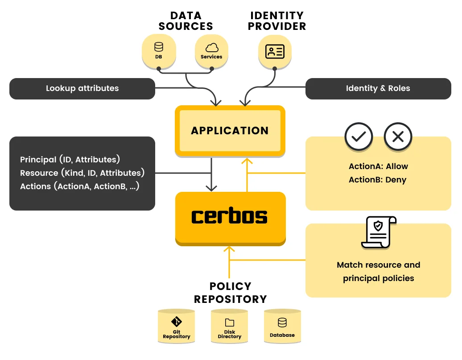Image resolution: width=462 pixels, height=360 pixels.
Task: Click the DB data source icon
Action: click(x=158, y=50)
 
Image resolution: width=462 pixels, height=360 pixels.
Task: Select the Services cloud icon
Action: click(x=211, y=50)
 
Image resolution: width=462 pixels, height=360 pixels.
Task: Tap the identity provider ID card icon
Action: click(x=275, y=51)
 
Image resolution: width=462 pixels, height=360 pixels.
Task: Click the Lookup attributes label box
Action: click(x=82, y=88)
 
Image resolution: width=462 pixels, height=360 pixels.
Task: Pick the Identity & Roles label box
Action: click(x=378, y=88)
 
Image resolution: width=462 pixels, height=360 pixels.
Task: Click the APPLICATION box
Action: click(x=230, y=131)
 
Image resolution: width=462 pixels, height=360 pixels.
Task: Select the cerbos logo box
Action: click(x=230, y=217)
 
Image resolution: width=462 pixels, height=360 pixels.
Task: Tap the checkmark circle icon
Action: click(x=359, y=137)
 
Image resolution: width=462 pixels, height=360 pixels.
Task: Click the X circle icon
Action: click(x=398, y=137)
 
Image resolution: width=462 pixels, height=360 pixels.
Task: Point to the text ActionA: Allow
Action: click(x=378, y=166)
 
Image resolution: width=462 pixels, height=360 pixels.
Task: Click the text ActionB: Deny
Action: click(x=378, y=180)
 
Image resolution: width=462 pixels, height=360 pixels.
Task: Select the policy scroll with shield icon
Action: click(x=378, y=232)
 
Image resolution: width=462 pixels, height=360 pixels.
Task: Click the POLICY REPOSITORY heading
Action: click(x=230, y=293)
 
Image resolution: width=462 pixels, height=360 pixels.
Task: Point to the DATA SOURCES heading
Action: click(x=186, y=21)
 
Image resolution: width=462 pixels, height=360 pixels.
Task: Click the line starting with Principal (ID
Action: click(x=70, y=160)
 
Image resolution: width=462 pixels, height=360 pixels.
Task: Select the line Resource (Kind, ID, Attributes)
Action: click(x=82, y=173)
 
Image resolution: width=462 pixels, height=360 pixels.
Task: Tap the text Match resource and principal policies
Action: click(x=378, y=271)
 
